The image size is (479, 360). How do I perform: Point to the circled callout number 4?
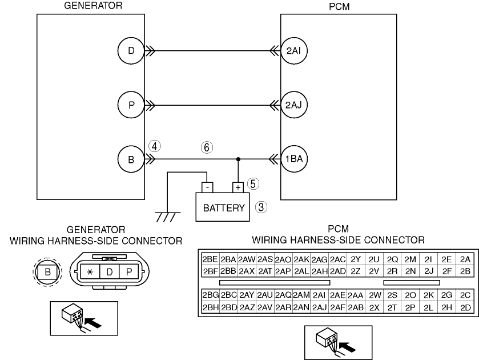click(155, 146)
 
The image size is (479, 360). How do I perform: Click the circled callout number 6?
click(207, 147)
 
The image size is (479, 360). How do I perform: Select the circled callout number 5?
click(253, 184)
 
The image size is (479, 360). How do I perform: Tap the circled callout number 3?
click(261, 207)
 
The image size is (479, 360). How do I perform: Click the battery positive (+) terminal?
click(238, 187)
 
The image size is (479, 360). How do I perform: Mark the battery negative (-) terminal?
click(207, 187)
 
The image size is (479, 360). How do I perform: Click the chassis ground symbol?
click(168, 217)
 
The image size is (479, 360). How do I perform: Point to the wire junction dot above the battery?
click(238, 159)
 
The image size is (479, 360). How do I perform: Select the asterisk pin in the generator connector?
click(90, 272)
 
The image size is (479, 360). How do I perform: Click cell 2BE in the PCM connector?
click(210, 259)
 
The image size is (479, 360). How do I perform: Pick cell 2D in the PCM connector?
click(465, 307)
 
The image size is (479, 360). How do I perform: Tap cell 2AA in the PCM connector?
click(356, 295)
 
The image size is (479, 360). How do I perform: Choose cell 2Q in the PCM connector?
click(392, 259)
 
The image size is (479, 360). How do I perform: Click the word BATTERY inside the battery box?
click(224, 208)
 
